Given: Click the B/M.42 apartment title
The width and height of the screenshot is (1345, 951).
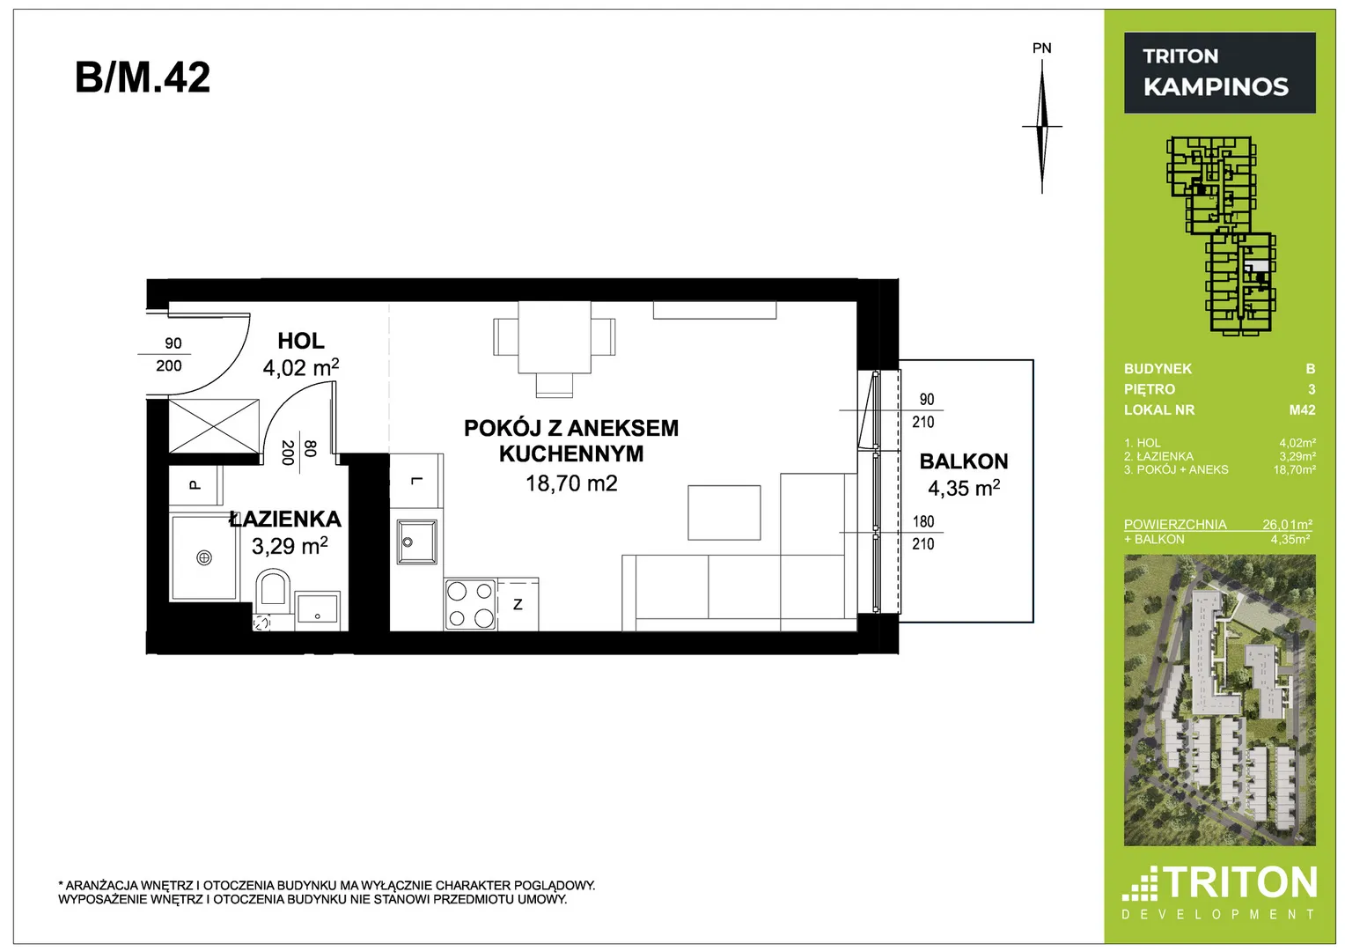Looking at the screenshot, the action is tap(143, 77).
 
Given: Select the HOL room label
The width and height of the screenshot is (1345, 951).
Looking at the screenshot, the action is tap(301, 341).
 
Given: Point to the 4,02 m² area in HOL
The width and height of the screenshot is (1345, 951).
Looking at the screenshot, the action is tap(301, 367).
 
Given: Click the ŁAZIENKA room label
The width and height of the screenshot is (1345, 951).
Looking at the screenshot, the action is tap(285, 519).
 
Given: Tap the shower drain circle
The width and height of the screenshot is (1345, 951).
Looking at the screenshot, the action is tap(204, 558).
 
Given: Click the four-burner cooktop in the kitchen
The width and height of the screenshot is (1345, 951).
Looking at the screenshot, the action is tap(470, 604).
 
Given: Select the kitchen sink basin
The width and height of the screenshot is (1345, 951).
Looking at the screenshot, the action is tap(416, 542).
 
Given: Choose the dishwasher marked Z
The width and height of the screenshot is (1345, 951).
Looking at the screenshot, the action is tap(518, 604).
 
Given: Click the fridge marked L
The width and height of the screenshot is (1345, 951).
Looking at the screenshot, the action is tap(416, 481).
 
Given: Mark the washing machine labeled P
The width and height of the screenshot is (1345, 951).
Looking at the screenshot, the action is tap(195, 485).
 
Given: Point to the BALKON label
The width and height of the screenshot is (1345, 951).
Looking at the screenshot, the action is tap(964, 461).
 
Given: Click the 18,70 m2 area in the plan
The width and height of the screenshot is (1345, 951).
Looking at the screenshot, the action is tap(571, 483).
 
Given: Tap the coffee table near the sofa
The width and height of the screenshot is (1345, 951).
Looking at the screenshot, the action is tap(724, 512).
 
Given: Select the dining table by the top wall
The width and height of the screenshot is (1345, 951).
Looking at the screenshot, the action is tap(555, 337).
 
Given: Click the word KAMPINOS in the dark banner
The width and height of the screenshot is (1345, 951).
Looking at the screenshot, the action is tap(1216, 86).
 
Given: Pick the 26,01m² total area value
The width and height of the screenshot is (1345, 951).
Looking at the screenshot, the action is tap(1287, 525).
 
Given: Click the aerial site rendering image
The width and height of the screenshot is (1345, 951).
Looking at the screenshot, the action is tap(1219, 700).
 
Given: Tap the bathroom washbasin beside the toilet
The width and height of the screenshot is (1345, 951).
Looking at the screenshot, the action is tap(318, 610).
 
